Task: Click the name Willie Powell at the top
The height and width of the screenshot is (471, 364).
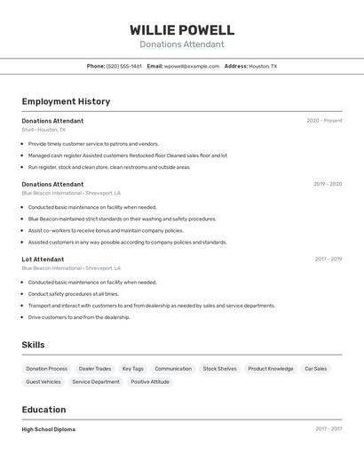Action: click(182, 30)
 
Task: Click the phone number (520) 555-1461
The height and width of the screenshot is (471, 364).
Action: click(124, 66)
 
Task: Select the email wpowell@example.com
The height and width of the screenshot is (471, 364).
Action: click(192, 66)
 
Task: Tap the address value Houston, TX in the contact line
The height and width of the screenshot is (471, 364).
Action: click(263, 66)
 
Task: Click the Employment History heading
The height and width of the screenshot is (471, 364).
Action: click(66, 101)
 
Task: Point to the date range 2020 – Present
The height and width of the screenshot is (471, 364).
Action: click(324, 121)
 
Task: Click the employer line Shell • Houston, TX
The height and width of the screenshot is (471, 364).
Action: click(44, 130)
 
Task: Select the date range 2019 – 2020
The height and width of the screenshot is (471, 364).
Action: click(328, 184)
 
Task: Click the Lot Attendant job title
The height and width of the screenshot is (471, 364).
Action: click(43, 259)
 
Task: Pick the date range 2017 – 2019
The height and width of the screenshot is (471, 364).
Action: click(328, 259)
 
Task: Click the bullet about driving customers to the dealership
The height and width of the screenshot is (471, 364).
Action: click(79, 317)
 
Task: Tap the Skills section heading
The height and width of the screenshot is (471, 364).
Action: click(33, 345)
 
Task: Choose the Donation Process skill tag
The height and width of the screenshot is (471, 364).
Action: click(46, 369)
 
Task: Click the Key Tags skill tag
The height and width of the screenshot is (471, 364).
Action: click(132, 369)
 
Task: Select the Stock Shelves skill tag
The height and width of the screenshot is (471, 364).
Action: click(219, 369)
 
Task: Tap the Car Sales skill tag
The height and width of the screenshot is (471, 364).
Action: click(316, 369)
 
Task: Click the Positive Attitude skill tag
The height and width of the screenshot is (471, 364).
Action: click(150, 382)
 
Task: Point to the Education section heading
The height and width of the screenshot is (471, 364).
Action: click(44, 410)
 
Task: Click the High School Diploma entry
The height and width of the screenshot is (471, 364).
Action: click(49, 429)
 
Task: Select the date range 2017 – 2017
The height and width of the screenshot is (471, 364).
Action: click(328, 429)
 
